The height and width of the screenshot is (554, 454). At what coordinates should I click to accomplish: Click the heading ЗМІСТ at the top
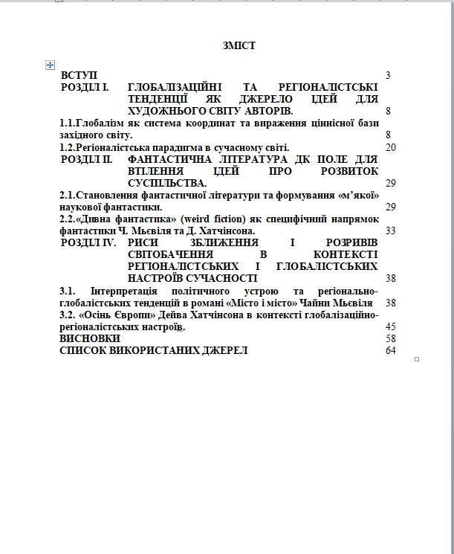click(239, 46)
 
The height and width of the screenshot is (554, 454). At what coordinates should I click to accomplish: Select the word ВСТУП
click(79, 76)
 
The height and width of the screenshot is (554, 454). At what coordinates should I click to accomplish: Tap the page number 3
click(388, 76)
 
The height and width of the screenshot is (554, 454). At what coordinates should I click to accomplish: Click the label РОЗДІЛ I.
click(85, 88)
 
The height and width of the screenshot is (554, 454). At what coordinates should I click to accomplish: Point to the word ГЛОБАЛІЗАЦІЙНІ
click(175, 88)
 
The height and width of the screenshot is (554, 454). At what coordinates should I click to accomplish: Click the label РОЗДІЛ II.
click(86, 159)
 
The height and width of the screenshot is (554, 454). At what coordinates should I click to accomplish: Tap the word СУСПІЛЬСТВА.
click(167, 183)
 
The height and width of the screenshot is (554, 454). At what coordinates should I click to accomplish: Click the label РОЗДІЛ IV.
click(87, 242)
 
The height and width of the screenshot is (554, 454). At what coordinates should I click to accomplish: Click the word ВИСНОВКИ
click(89, 338)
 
